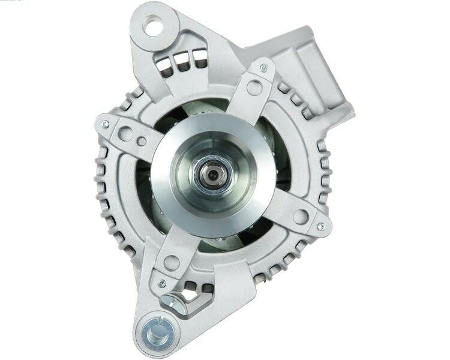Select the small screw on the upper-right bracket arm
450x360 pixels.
pyautogui.click(x=264, y=68)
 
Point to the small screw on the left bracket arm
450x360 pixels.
pyautogui.click(x=106, y=124)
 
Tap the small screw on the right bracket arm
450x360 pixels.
pyautogui.click(x=320, y=226)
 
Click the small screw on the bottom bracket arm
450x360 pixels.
pyautogui.click(x=161, y=283)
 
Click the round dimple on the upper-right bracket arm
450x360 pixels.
pyautogui.click(x=254, y=88)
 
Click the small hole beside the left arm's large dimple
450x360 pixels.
pyautogui.click(x=142, y=142)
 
